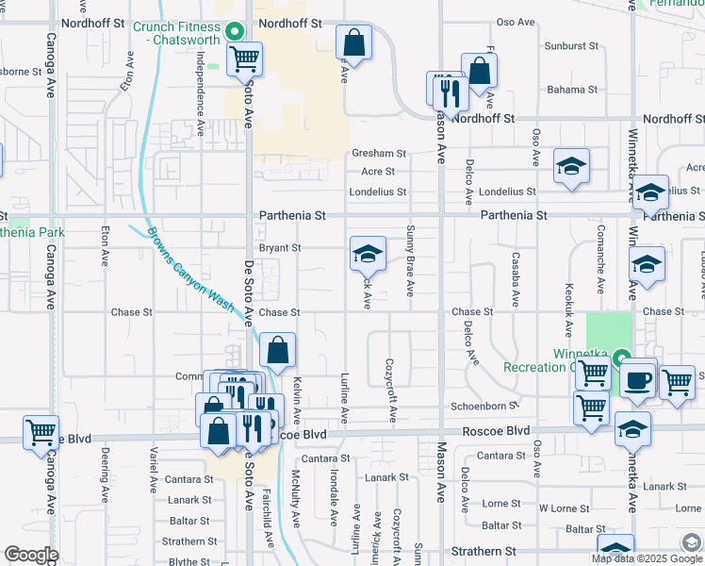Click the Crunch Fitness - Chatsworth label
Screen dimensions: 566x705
pos(177,34)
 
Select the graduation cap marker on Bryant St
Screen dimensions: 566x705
pos(368,252)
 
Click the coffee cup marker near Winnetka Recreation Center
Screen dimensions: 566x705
pos(637,378)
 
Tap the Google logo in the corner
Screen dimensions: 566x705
pos(31,555)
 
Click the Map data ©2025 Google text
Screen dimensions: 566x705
pos(646,558)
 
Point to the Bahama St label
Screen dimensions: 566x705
pos(566,90)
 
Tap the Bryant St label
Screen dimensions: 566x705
pos(279,248)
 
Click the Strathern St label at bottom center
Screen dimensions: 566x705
pos(484,550)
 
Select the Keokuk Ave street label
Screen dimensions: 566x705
pos(569,309)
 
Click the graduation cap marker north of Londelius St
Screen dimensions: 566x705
pos(571,165)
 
